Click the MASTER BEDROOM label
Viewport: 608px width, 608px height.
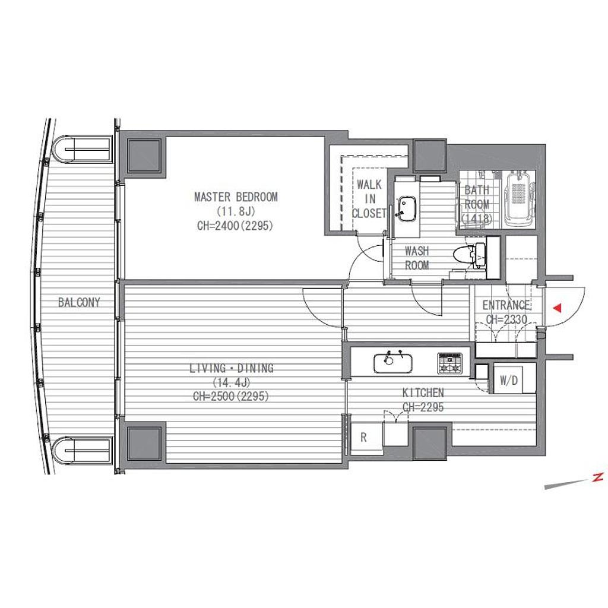tap(236, 197)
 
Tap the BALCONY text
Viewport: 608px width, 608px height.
tap(79, 302)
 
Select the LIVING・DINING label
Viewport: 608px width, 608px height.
tap(232, 368)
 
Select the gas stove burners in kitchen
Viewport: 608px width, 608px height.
tap(450, 363)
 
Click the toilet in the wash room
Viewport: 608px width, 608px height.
tap(470, 255)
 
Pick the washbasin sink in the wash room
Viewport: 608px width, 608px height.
tap(406, 210)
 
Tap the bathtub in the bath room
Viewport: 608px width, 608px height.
tap(519, 200)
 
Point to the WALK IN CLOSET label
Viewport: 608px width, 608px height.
tap(369, 199)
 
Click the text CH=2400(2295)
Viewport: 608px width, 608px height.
tap(235, 226)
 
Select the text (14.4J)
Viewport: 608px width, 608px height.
tap(232, 383)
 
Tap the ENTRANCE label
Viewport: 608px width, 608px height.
tap(506, 305)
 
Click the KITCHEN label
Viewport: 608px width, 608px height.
tap(423, 393)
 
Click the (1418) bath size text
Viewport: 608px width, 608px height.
tap(477, 219)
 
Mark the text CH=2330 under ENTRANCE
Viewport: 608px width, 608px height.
tap(507, 319)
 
